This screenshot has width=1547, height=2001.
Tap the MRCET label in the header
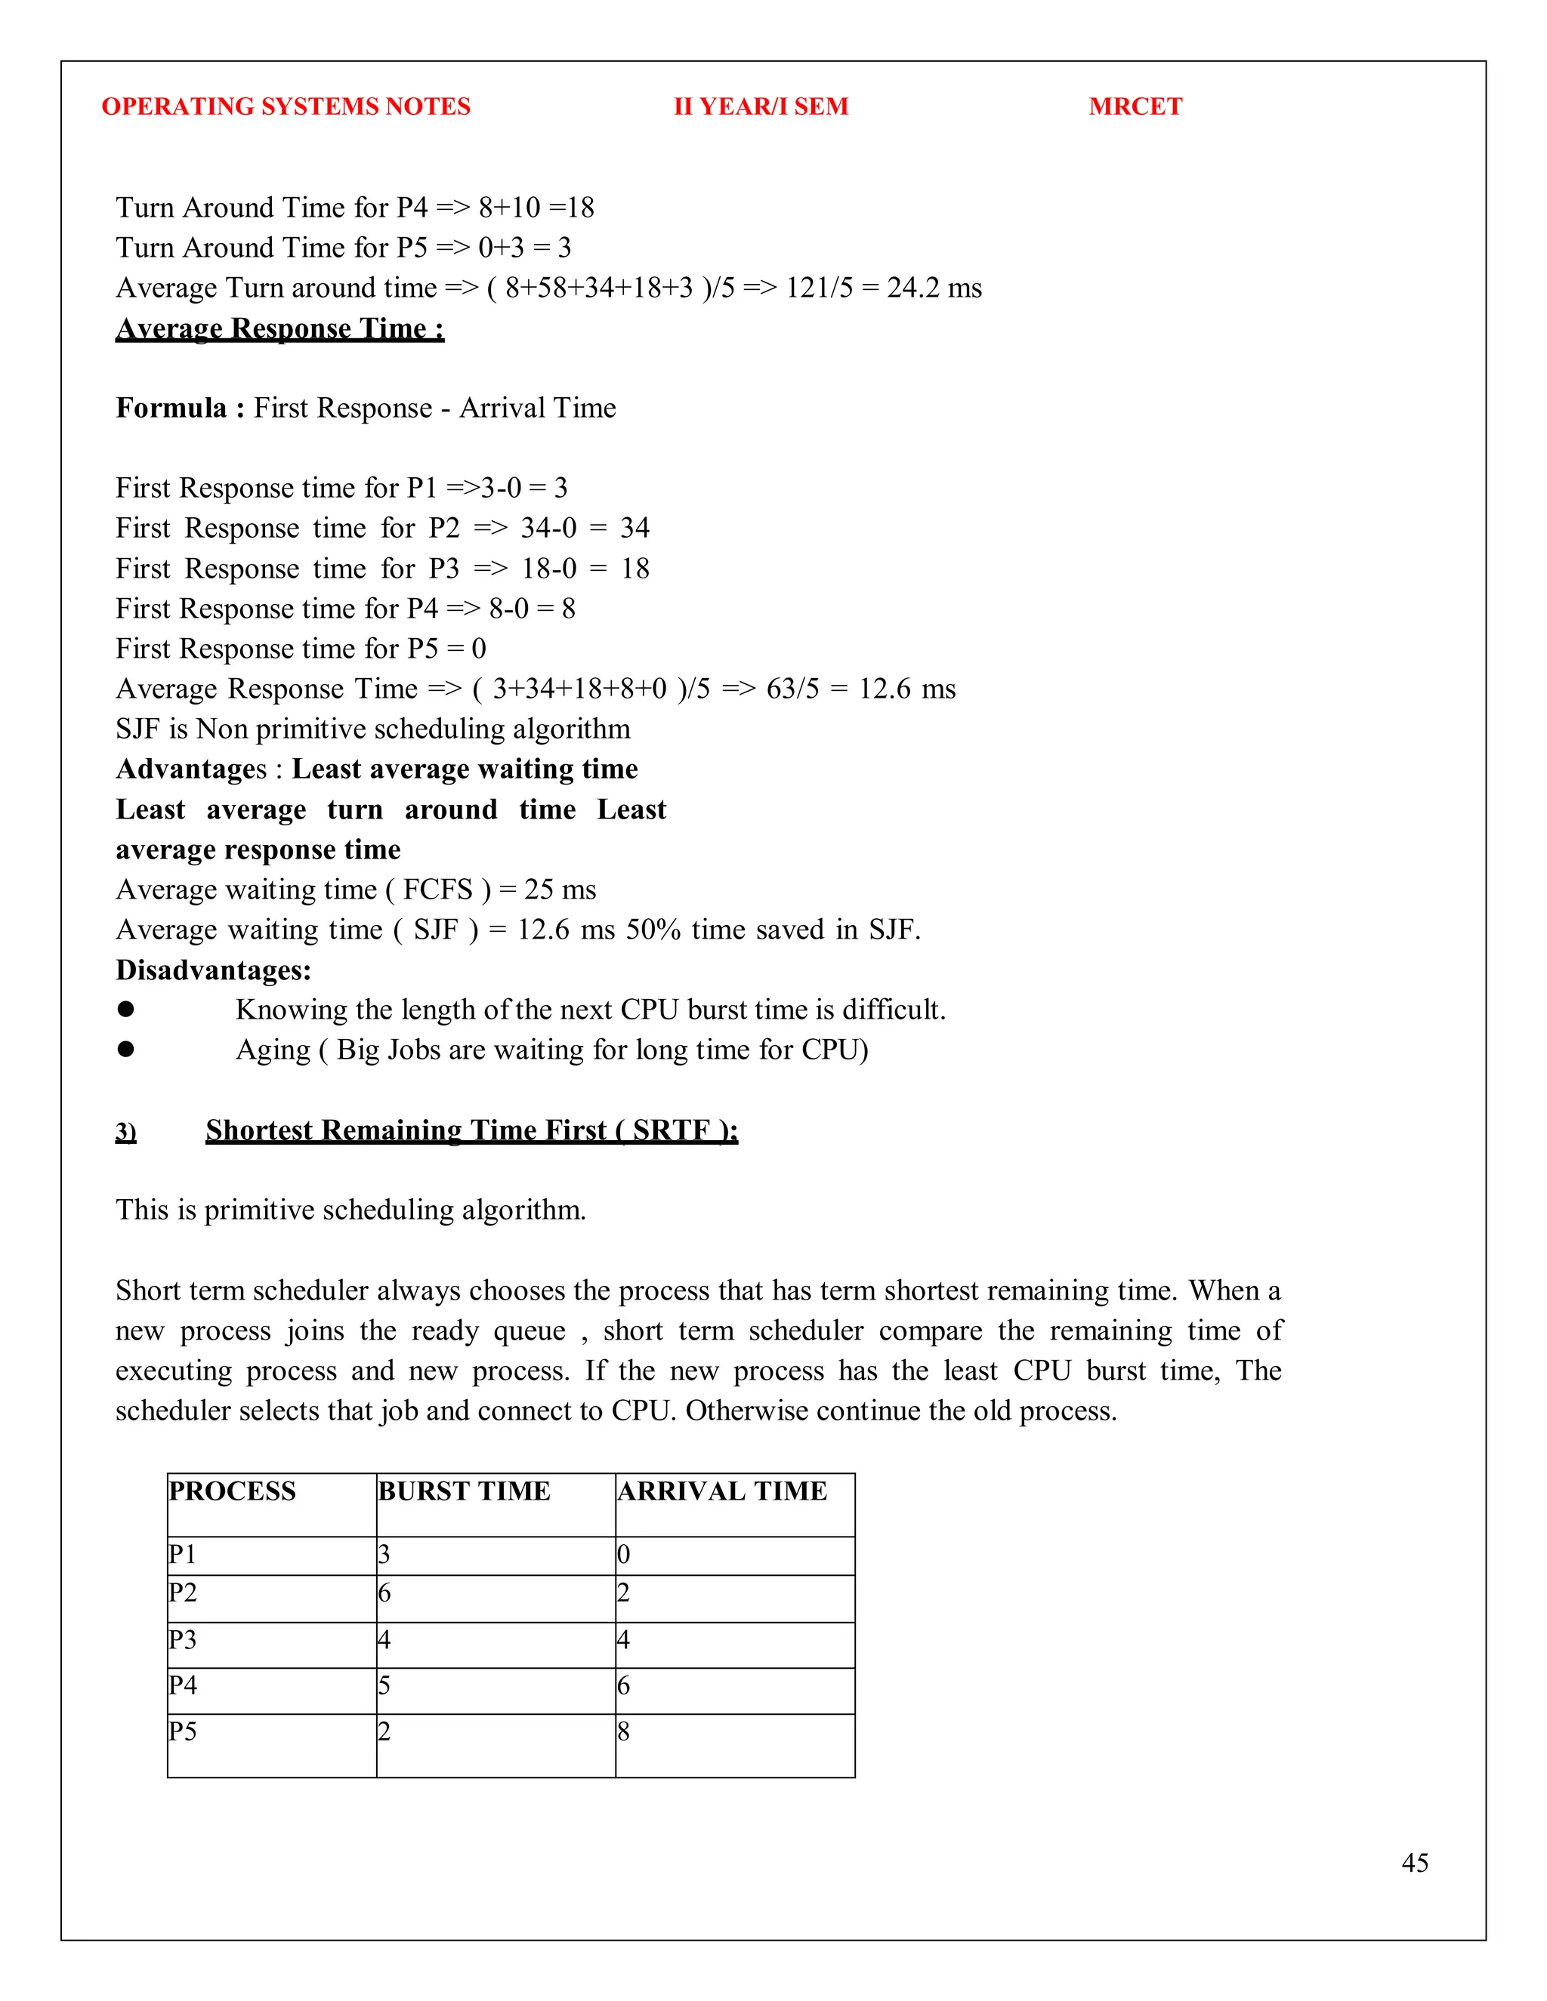pos(1135,106)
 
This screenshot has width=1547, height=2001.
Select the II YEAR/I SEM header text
pos(761,106)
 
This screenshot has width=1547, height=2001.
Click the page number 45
pos(1414,1863)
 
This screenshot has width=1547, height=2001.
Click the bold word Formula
pos(171,408)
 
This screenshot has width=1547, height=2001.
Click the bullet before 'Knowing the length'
pos(126,1009)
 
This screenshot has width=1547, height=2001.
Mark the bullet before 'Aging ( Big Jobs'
pos(126,1049)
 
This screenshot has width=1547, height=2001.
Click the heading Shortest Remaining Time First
pos(471,1130)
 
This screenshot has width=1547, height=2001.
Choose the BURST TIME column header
pos(464,1491)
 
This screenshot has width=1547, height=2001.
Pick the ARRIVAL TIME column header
pos(722,1491)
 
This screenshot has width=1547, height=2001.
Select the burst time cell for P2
pos(385,1592)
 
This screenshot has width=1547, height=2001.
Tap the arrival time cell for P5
pos(624,1731)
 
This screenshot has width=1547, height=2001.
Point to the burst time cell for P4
pos(385,1685)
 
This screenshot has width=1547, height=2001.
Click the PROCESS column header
pos(233,1491)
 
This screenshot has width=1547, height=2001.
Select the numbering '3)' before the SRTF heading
pos(126,1132)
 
